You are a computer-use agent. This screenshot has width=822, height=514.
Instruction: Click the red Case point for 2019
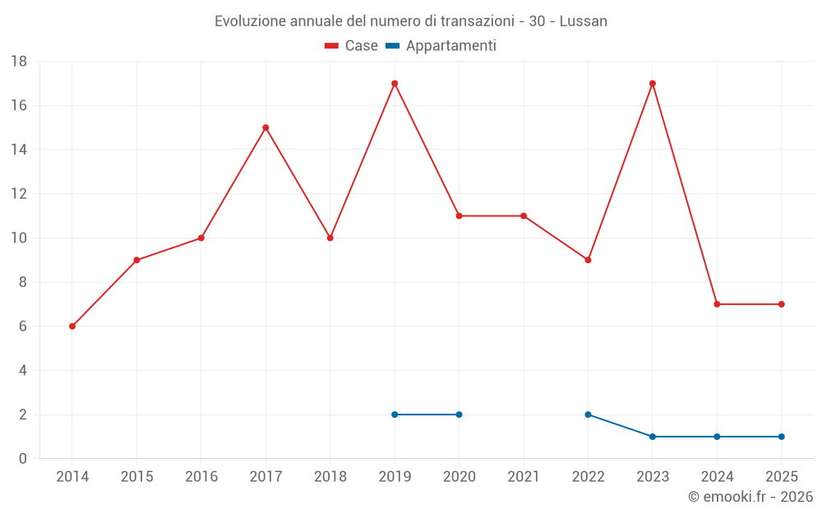(395, 83)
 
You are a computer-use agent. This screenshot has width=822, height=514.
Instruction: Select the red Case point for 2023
(653, 83)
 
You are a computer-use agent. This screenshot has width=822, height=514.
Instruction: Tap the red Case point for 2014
(72, 326)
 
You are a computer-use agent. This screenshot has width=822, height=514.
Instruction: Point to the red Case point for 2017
(266, 127)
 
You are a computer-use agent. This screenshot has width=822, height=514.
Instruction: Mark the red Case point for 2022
(588, 260)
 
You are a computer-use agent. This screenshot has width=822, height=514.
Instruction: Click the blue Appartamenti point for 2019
(395, 414)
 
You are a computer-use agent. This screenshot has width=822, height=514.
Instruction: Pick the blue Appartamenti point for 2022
(588, 414)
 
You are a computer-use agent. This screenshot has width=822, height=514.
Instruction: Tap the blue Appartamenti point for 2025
(782, 437)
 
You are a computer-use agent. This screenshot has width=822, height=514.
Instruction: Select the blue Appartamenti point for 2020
(459, 414)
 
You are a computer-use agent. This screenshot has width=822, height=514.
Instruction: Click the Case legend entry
(352, 46)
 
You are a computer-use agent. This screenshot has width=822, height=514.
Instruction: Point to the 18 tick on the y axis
(19, 62)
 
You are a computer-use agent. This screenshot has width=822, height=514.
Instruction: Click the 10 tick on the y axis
(19, 238)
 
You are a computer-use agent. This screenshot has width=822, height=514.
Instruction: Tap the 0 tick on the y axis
(23, 459)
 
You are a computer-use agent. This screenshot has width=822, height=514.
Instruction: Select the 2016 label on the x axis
(201, 477)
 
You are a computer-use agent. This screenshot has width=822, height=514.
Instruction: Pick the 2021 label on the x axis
(524, 477)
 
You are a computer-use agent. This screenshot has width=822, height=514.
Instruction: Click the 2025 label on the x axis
(782, 477)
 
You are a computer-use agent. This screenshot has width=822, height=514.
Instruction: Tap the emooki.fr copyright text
(750, 497)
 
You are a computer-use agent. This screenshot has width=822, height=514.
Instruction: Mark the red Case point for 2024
(717, 304)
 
